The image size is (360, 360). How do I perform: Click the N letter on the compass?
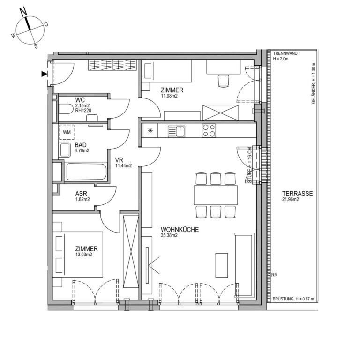23,12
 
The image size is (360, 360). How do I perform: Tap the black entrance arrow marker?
44,74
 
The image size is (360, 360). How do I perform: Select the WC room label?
80,100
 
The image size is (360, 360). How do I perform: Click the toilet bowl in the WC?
66,109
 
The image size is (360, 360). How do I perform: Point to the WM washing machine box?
67,132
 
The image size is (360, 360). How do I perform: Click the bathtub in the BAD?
86,172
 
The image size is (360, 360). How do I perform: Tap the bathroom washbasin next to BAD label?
65,150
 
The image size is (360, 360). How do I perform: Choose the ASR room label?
81,194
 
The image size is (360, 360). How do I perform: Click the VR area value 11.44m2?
124,166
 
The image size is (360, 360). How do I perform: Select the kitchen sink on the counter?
176,131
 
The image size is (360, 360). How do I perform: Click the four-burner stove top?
209,131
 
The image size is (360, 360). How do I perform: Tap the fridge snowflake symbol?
150,131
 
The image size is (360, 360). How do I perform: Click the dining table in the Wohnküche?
216,195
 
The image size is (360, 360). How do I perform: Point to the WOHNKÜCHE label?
180,229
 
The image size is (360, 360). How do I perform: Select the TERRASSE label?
297,194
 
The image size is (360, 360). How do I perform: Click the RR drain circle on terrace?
269,275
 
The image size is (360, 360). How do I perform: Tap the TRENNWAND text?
285,53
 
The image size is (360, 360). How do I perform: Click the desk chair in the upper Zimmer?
224,81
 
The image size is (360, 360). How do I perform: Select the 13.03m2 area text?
83,255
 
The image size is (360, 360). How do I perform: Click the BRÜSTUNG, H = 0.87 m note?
293,299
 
